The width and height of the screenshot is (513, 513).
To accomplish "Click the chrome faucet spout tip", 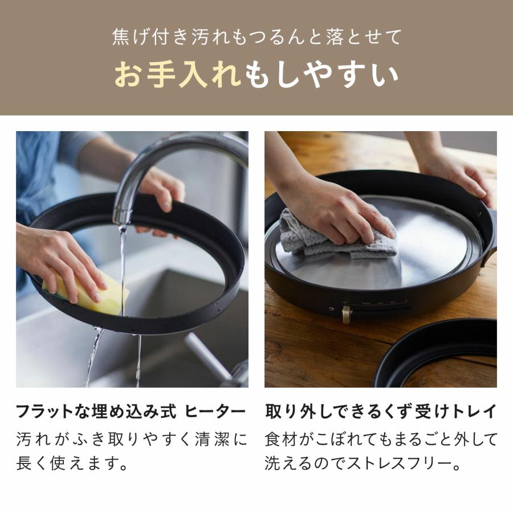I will click(121, 217).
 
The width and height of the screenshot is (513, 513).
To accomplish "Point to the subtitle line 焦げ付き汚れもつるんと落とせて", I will click(256, 36).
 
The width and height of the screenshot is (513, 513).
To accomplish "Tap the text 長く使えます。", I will click(71, 463).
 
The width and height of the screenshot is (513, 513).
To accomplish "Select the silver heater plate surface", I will click(422, 251).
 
